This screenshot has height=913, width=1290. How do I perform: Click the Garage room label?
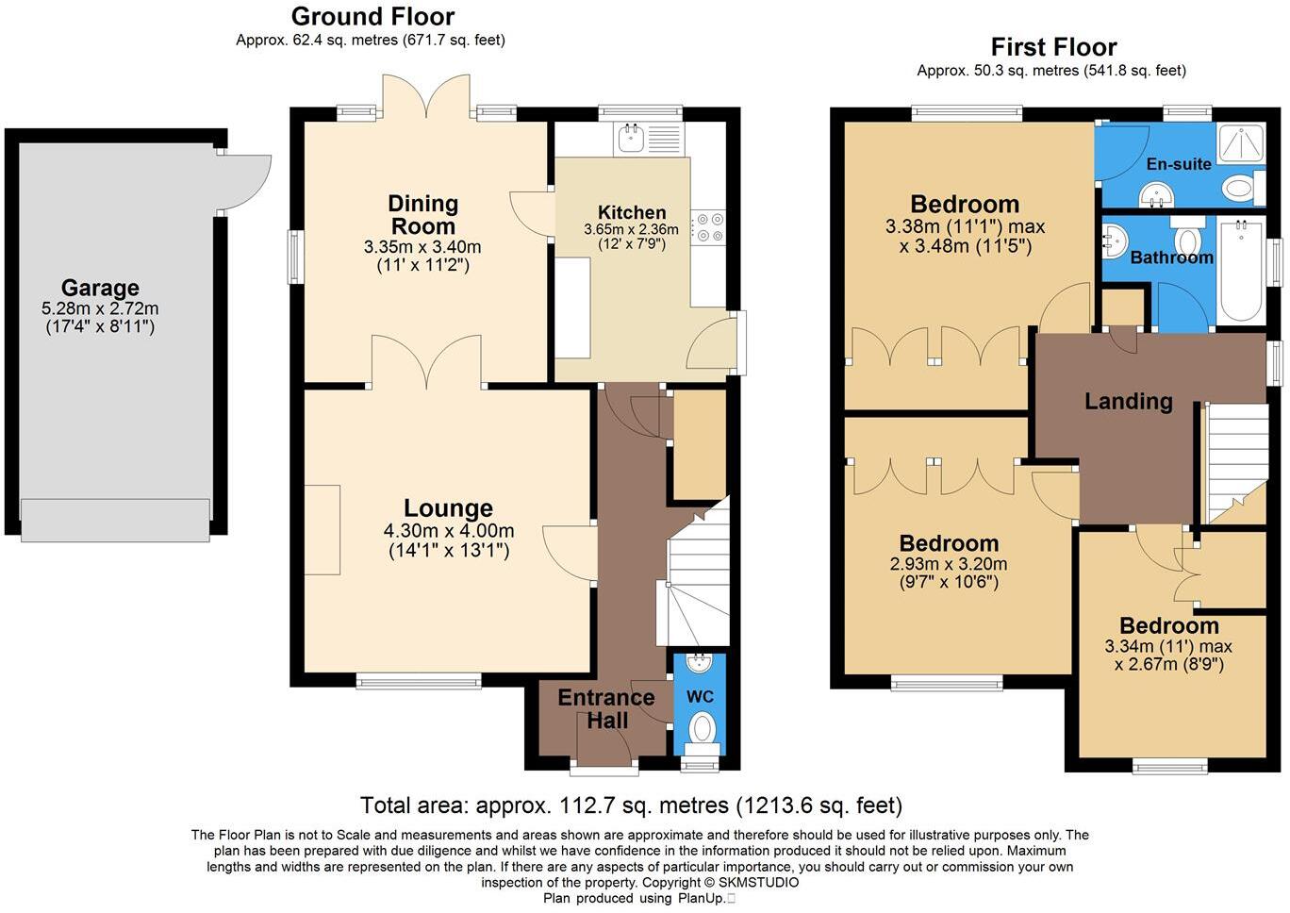[x=100, y=288]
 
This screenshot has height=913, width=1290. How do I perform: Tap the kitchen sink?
[x=629, y=140]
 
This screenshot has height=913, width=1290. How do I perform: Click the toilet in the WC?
[x=702, y=729]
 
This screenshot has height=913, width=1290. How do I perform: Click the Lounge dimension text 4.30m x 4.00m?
[x=449, y=531]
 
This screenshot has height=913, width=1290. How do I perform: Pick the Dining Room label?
[x=423, y=215]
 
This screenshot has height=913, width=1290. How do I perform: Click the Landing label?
[x=1128, y=402]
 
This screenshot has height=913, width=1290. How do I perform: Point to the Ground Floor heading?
[x=372, y=17]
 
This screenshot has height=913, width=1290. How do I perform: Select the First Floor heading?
[x=1053, y=47]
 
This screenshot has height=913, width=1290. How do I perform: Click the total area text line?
[x=631, y=805]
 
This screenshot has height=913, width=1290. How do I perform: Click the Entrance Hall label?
[x=606, y=709]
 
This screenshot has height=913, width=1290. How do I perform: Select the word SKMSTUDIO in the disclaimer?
[x=758, y=883]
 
